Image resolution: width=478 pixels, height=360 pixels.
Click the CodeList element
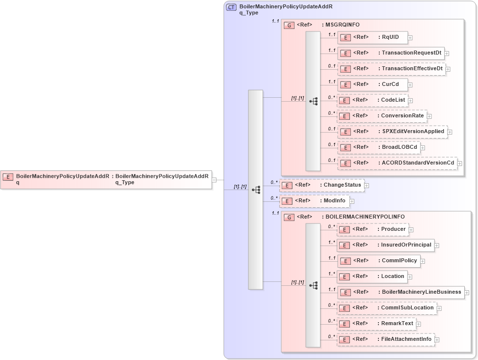pyautogui.click(x=372, y=100)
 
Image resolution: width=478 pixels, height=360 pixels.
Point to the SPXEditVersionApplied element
pyautogui.click(x=392, y=132)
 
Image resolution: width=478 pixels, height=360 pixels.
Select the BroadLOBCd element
pyautogui.click(x=378, y=147)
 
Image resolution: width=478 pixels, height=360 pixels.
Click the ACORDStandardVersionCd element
pyautogui.click(x=397, y=163)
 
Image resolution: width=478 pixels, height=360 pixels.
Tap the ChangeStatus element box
pyautogui.click(x=322, y=185)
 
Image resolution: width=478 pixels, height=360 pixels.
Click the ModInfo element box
pyautogui.click(x=314, y=201)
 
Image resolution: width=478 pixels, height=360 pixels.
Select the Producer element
pyautogui.click(x=372, y=229)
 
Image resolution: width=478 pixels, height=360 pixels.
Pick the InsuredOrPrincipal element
pyautogui.click(x=385, y=245)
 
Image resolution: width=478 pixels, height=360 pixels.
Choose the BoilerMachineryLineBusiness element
pyautogui.click(x=400, y=292)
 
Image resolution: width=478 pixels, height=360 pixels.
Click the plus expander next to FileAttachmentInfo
pyautogui.click(x=437, y=339)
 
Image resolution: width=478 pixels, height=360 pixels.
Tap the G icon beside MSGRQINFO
pyautogui.click(x=290, y=25)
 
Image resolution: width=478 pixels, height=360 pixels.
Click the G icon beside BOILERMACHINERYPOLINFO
pyautogui.click(x=290, y=217)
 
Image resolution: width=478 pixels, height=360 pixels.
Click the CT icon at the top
pyautogui.click(x=231, y=7)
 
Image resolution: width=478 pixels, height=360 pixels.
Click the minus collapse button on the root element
pyautogui.click(x=214, y=180)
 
